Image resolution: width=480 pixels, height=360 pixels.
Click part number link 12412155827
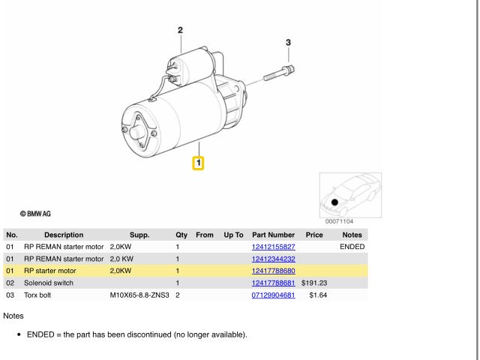click(x=273, y=247)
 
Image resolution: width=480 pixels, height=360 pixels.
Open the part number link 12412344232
click(x=273, y=259)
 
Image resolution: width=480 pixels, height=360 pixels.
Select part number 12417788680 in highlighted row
click(x=273, y=271)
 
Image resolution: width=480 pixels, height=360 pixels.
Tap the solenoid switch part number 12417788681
click(x=273, y=283)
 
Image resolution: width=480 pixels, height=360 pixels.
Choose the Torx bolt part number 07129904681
click(x=273, y=295)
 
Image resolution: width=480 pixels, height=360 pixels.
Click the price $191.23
click(x=314, y=283)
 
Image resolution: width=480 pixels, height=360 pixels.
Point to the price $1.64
click(x=318, y=295)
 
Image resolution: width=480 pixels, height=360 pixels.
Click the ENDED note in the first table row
click(x=352, y=247)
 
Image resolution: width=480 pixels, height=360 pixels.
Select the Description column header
click(x=64, y=235)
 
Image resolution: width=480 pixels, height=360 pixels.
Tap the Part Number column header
click(x=273, y=235)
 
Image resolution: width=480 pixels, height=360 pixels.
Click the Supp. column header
click(x=139, y=235)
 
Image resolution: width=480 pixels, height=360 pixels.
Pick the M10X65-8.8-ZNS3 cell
click(x=139, y=295)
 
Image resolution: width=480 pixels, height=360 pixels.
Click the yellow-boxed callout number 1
click(x=198, y=163)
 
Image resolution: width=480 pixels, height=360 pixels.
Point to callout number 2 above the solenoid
click(x=180, y=30)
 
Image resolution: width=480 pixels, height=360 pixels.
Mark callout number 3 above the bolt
click(x=288, y=42)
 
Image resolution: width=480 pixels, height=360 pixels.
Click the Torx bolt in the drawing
click(x=279, y=73)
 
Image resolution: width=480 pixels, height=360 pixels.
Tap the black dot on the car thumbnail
click(x=334, y=202)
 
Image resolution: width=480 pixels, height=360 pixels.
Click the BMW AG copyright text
click(x=35, y=214)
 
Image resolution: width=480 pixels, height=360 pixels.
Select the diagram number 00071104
click(x=339, y=221)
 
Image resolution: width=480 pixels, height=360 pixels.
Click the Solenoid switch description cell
click(x=49, y=283)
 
